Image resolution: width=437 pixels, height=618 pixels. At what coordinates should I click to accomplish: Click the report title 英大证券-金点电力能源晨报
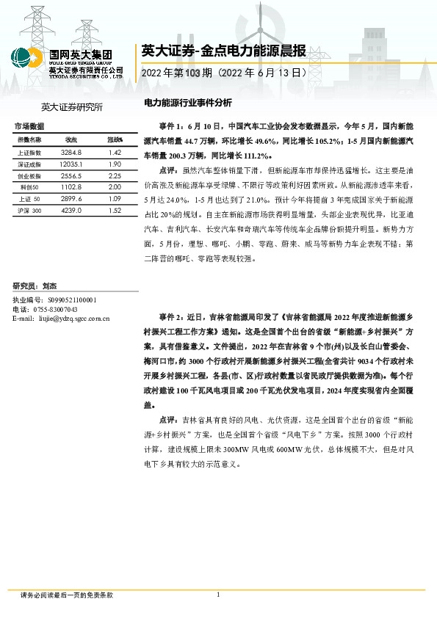point(213,51)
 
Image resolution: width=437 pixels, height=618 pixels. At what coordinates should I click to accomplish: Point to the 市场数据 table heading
point(30,126)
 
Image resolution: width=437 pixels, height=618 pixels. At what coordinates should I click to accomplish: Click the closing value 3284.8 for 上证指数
point(71,152)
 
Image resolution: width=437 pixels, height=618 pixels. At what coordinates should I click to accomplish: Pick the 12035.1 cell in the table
point(71,164)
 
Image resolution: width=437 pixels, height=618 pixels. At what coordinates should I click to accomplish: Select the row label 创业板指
point(29,176)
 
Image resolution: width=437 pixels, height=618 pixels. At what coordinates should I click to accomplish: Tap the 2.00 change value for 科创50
point(114,187)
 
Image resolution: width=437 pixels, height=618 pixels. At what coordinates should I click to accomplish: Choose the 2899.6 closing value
point(71,199)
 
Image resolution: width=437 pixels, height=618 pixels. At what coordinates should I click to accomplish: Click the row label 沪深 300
point(30,211)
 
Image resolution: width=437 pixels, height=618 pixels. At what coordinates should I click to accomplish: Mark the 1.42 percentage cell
point(114,152)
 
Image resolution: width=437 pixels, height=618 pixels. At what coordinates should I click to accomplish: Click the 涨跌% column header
point(115,139)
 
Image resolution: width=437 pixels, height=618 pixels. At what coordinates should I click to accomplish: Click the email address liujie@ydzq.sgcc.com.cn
point(74,319)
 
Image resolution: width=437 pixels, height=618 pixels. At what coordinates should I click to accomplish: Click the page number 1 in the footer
point(219,595)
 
